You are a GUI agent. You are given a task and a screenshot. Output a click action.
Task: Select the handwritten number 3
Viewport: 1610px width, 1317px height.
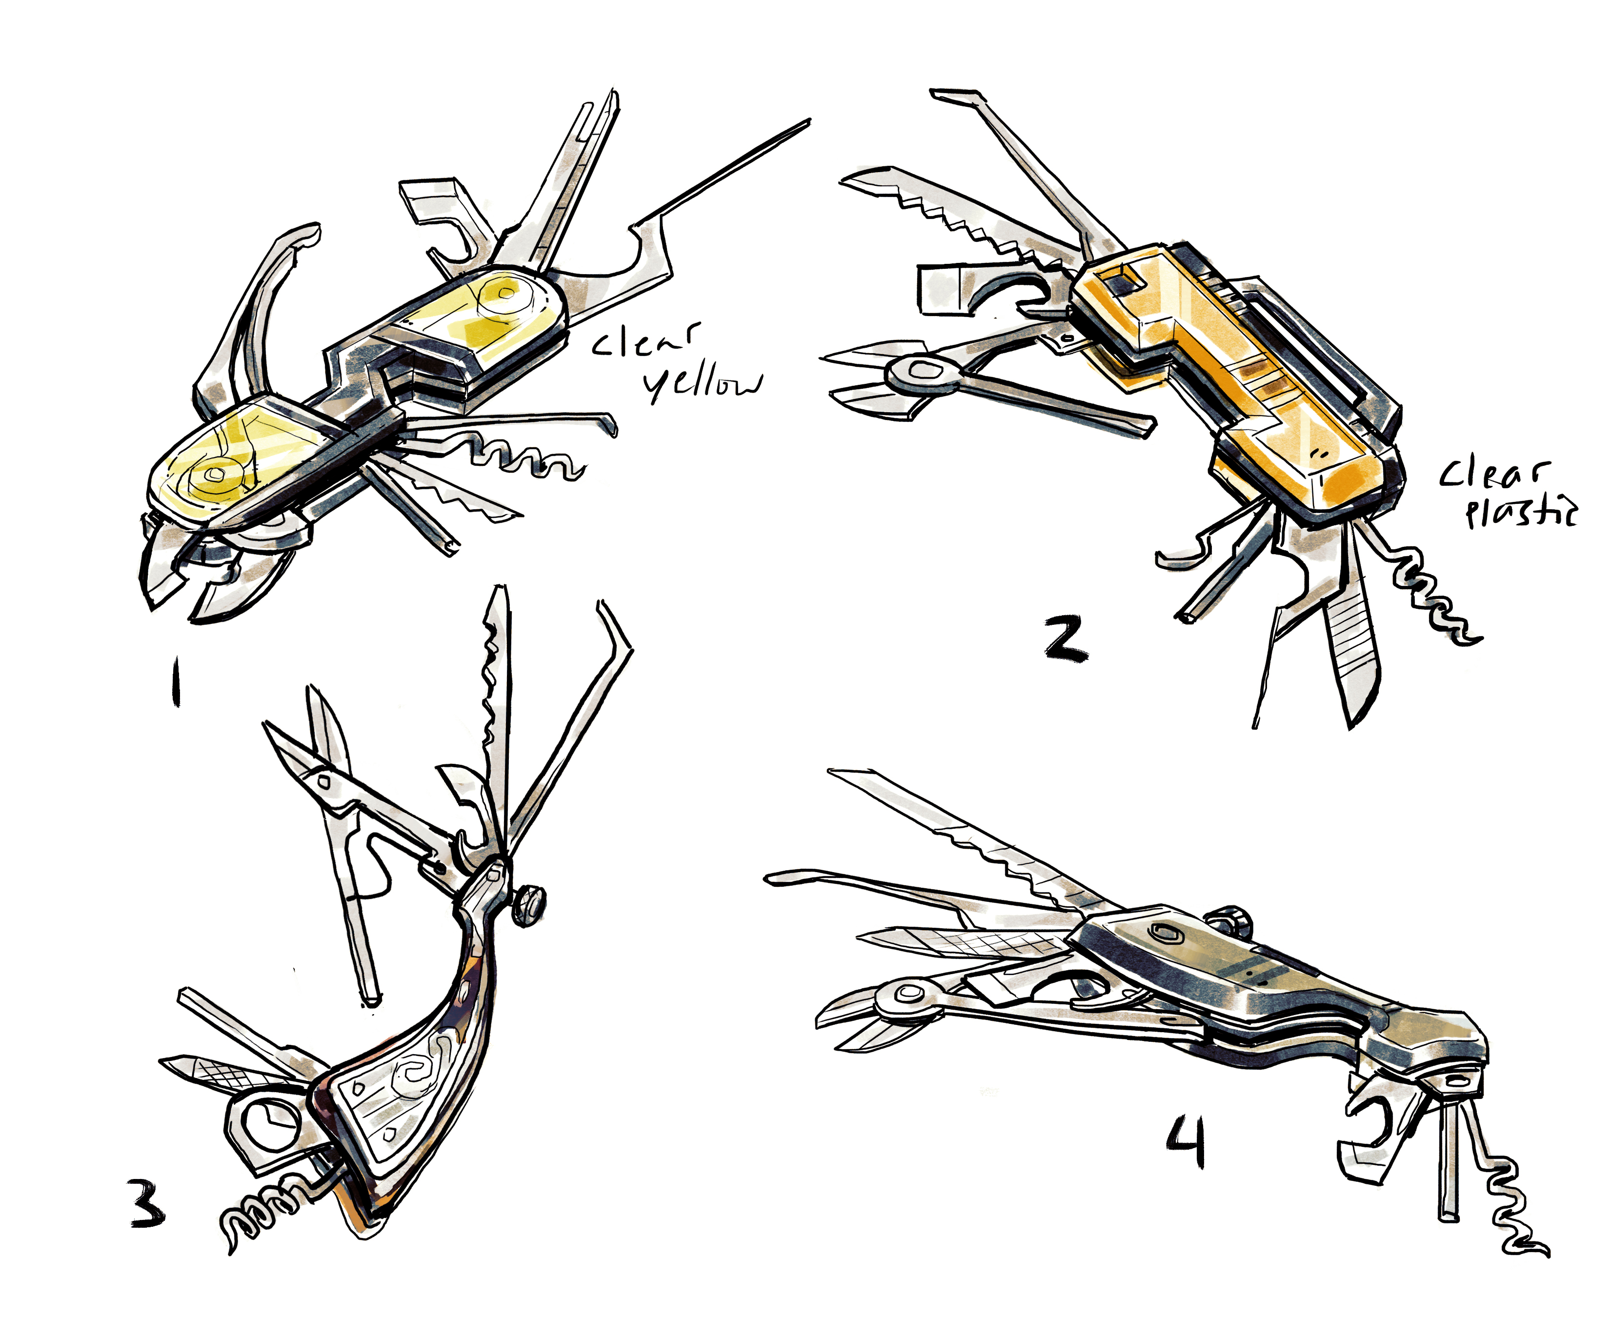[147, 1206]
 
